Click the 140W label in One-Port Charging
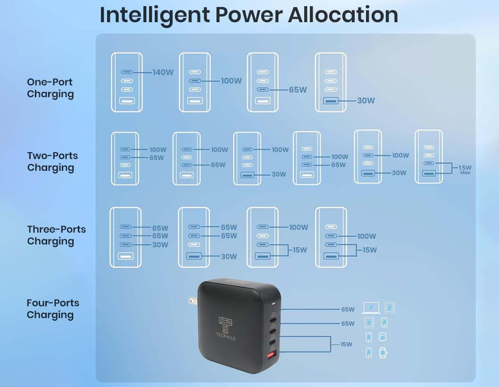tap(163, 72)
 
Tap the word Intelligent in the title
tap(155, 15)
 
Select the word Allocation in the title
tap(343, 14)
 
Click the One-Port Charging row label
tap(50, 88)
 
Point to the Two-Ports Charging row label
tap(53, 161)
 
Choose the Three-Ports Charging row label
tap(57, 235)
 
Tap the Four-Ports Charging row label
tap(53, 309)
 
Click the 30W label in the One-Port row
tap(366, 100)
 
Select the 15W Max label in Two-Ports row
tap(465, 169)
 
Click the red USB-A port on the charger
tap(272, 355)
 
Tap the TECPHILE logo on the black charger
tap(226, 328)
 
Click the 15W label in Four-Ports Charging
tap(346, 344)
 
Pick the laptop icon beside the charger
tap(371, 308)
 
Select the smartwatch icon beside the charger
tap(383, 353)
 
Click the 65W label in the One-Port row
tap(298, 90)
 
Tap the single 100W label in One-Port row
tap(231, 81)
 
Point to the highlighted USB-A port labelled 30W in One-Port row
tap(330, 101)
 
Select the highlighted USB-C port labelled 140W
tap(126, 72)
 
